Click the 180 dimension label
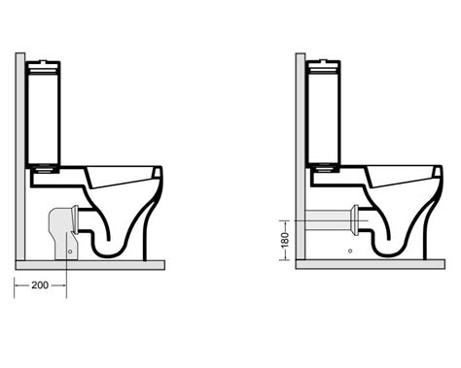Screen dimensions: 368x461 point(283,236)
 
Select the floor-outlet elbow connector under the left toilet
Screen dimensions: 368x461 point(61,232)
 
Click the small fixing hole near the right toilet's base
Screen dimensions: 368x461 point(349,250)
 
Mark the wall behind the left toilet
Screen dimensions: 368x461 point(19,155)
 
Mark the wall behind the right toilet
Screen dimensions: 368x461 point(300,155)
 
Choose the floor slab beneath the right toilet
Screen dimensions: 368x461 point(370,264)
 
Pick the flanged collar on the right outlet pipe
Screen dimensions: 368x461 point(361,222)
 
